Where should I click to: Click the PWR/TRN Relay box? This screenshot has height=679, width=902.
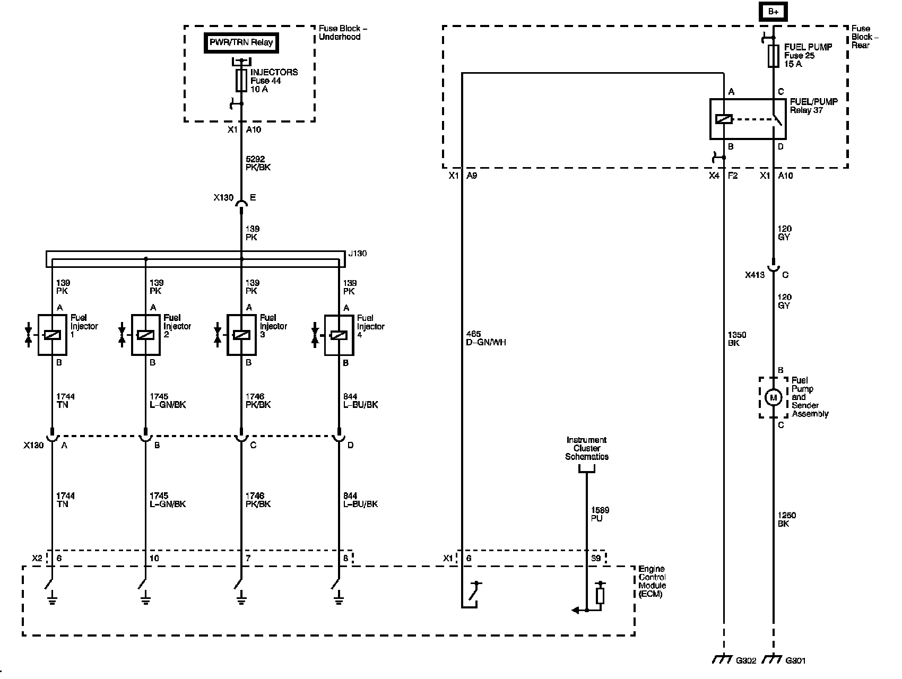click(241, 42)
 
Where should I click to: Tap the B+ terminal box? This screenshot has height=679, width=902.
click(773, 12)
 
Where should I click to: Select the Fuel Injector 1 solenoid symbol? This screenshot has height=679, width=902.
click(52, 335)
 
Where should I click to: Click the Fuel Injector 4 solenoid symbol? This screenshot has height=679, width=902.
click(339, 335)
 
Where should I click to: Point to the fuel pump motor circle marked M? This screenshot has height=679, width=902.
click(773, 397)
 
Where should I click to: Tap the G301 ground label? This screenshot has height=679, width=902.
click(796, 660)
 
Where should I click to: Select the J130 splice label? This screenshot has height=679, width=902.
click(358, 254)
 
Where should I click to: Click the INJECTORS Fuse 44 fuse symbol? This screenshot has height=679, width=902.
click(241, 81)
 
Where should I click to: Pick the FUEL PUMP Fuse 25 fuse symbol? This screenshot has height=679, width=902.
click(774, 56)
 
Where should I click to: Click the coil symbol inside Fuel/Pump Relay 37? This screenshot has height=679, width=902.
click(724, 119)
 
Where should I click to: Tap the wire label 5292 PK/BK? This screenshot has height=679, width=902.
click(258, 163)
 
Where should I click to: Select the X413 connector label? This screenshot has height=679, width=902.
click(755, 275)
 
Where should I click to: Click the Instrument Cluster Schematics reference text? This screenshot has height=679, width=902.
click(587, 448)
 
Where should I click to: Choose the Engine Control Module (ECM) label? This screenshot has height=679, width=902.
click(652, 581)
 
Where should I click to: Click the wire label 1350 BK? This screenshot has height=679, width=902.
click(738, 338)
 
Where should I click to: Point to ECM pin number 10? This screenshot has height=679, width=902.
click(154, 558)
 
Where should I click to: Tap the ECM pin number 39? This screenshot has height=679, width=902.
click(596, 558)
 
